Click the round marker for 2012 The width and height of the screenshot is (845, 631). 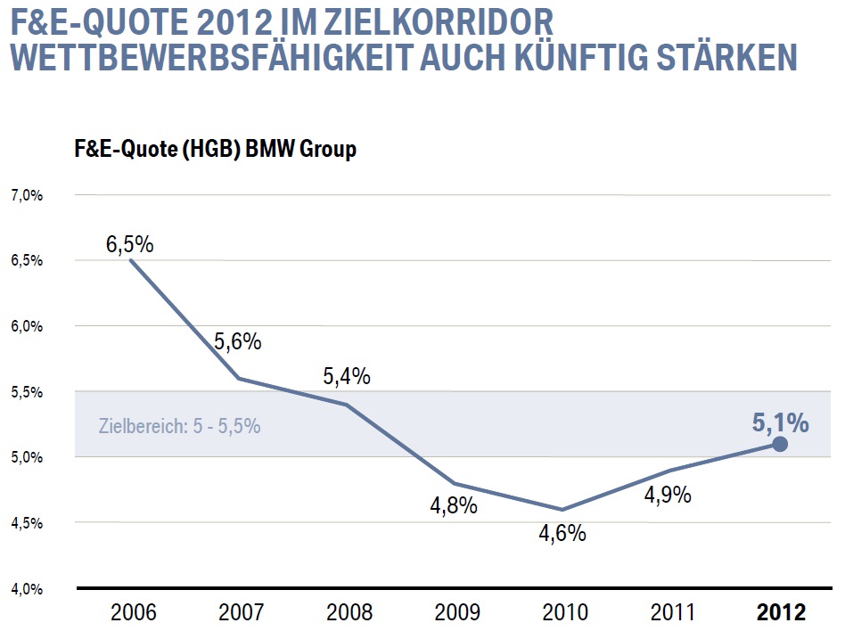(x=780, y=444)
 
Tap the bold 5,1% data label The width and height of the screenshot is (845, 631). (x=780, y=422)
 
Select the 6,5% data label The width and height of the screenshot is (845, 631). (x=130, y=243)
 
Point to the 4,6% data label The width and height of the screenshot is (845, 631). (x=562, y=533)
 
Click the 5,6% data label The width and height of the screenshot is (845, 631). (x=237, y=341)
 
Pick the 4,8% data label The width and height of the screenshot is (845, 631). (x=454, y=506)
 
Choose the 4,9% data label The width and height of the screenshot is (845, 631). (x=668, y=495)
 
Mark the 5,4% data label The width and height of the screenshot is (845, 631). (x=346, y=376)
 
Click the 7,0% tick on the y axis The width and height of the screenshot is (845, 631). (x=27, y=195)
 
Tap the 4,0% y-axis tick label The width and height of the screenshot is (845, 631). (x=27, y=588)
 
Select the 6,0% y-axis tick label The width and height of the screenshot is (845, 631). (x=27, y=326)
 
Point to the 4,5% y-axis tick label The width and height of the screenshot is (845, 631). (x=27, y=523)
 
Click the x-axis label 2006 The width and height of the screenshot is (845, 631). (x=133, y=613)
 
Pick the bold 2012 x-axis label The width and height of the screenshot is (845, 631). (x=781, y=613)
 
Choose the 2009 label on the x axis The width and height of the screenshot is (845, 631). (x=455, y=613)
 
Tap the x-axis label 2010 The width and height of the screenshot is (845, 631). (x=563, y=613)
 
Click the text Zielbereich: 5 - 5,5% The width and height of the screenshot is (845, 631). (x=179, y=426)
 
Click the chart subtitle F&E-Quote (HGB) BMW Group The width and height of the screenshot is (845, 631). (x=215, y=149)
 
